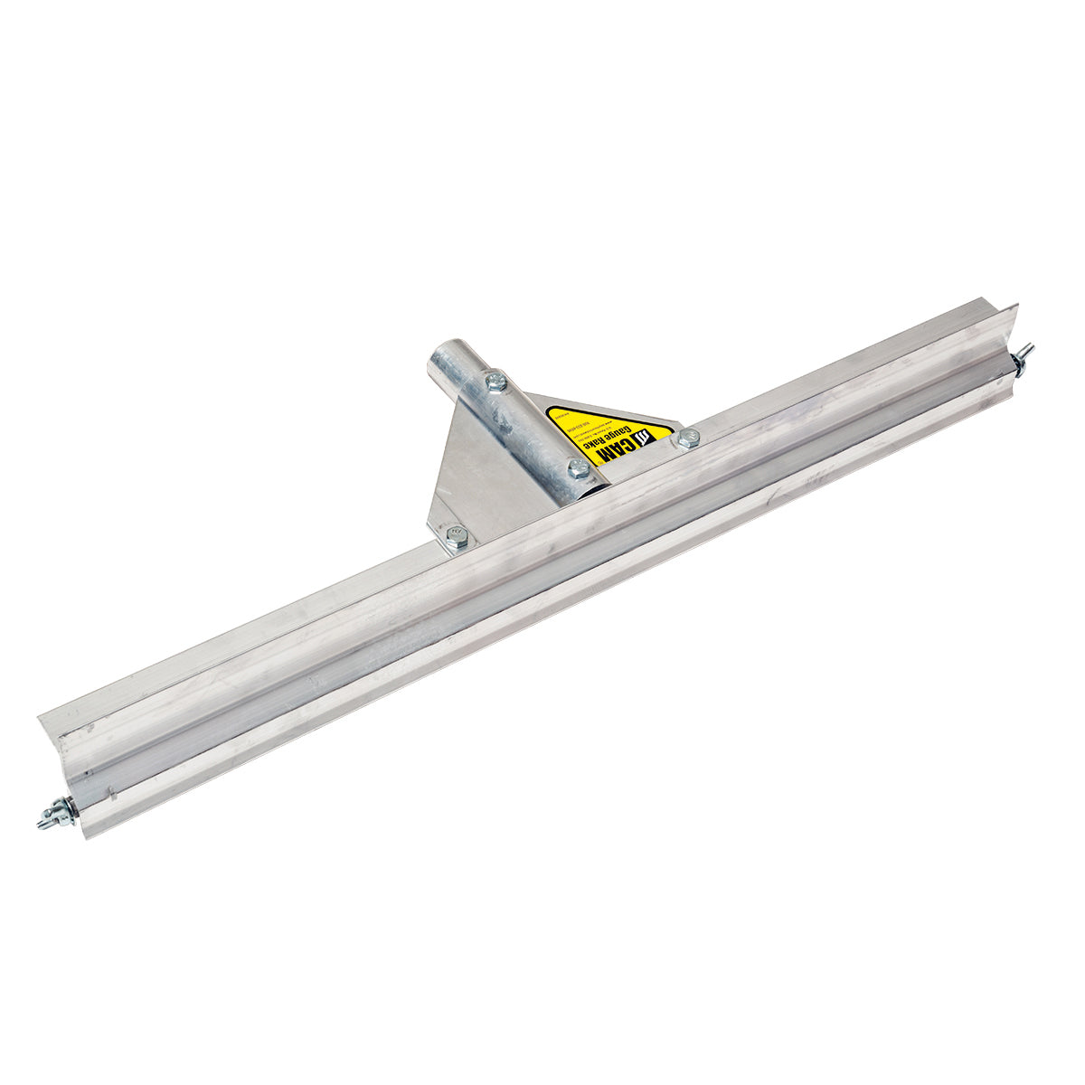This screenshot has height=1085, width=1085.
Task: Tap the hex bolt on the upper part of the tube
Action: [495, 382]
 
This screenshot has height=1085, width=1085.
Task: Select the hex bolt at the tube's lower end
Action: [579, 468]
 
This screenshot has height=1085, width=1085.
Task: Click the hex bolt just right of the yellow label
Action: [688, 439]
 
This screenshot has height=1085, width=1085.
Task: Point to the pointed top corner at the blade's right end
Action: [1016, 307]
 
